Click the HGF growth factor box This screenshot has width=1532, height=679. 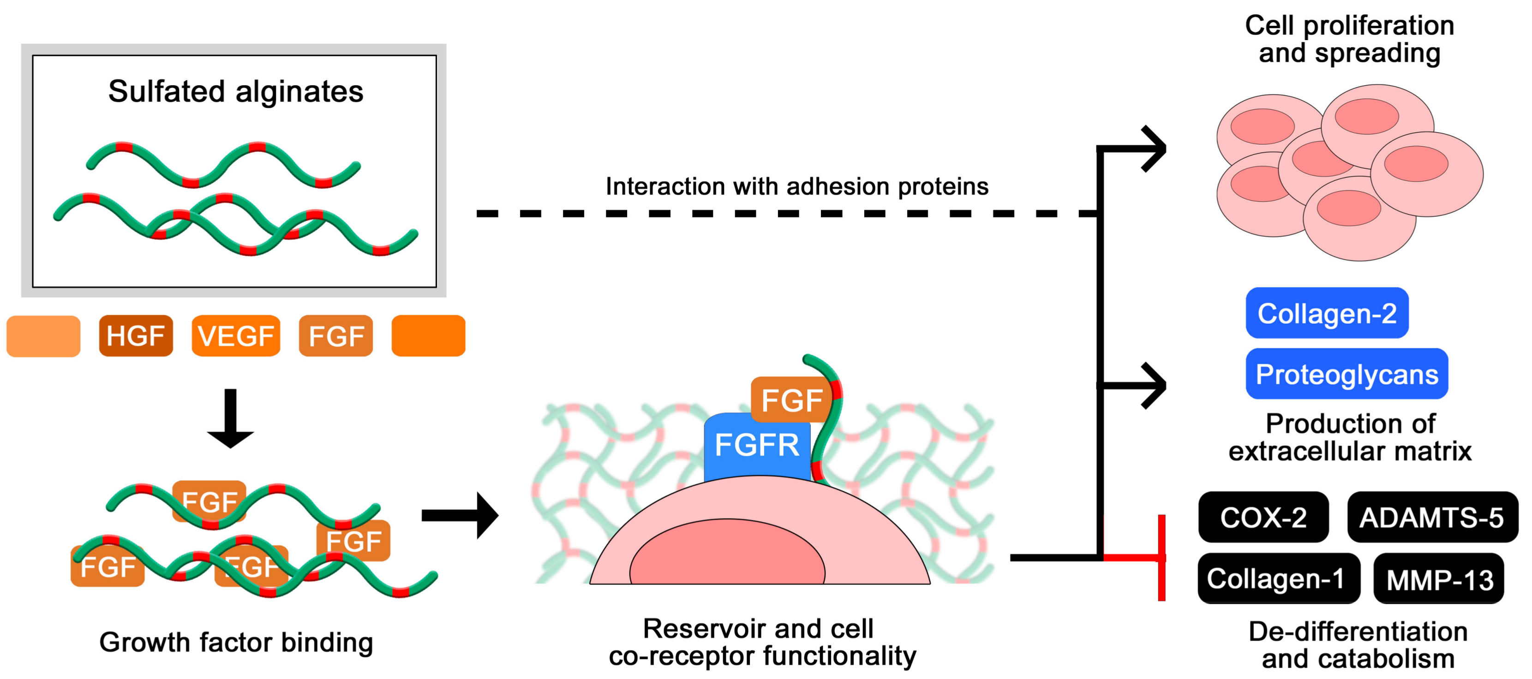(x=136, y=336)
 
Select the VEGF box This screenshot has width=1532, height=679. (x=235, y=336)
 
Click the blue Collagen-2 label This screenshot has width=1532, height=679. (x=1327, y=313)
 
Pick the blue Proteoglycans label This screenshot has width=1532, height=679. (x=1346, y=374)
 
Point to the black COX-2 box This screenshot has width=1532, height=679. (x=1263, y=517)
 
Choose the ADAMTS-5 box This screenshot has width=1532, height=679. (x=1432, y=517)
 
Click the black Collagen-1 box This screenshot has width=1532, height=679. (x=1279, y=578)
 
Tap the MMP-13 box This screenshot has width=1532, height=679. (x=1439, y=578)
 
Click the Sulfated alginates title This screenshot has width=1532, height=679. (x=235, y=92)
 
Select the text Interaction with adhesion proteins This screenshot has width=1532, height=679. (x=797, y=186)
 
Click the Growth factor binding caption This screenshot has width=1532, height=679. (x=236, y=643)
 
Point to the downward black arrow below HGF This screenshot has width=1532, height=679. (x=230, y=418)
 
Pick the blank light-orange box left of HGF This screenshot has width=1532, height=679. (x=43, y=336)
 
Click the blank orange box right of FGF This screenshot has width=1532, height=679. (x=428, y=336)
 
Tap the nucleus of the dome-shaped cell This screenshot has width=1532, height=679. (x=727, y=553)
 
